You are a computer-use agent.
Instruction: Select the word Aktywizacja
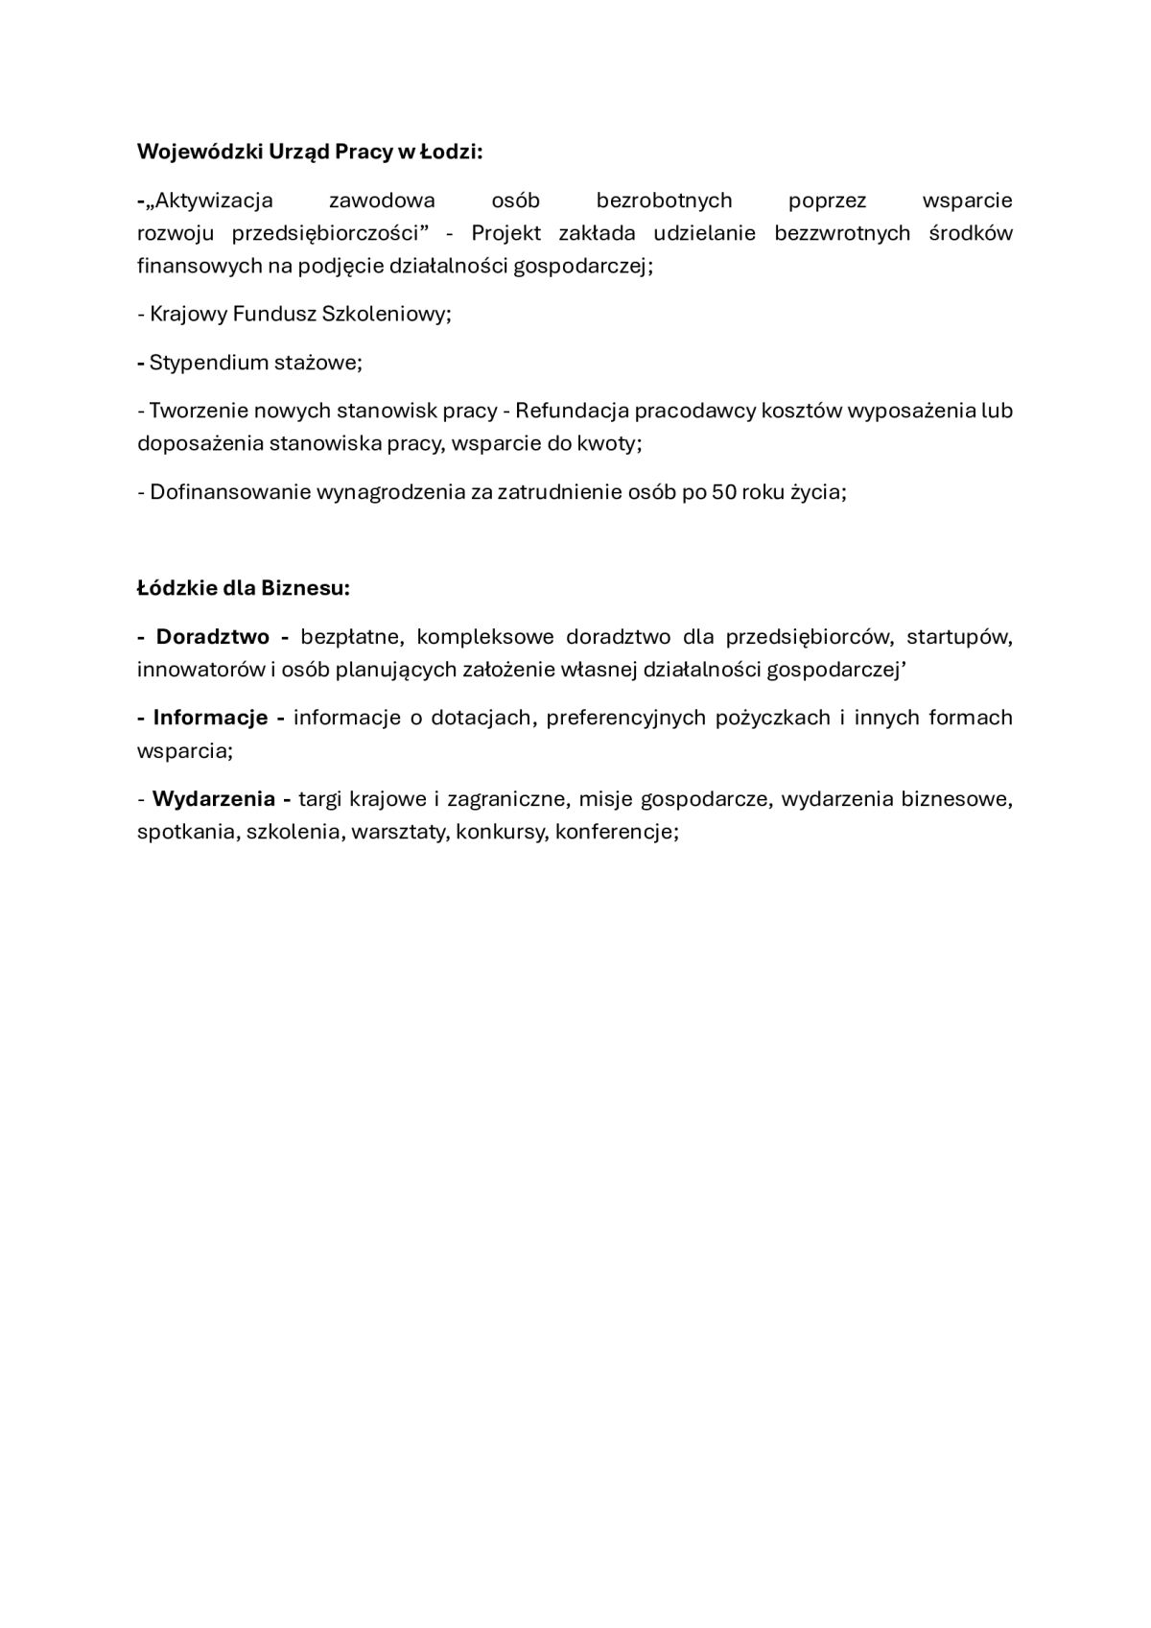click(x=214, y=201)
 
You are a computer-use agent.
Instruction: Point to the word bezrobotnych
click(x=664, y=201)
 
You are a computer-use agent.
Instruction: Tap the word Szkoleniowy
click(x=388, y=314)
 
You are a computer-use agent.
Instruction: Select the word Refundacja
click(x=571, y=411)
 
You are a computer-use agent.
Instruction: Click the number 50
click(x=723, y=492)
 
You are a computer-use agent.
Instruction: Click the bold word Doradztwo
click(x=212, y=637)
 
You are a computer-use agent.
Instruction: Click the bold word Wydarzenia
click(x=214, y=799)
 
